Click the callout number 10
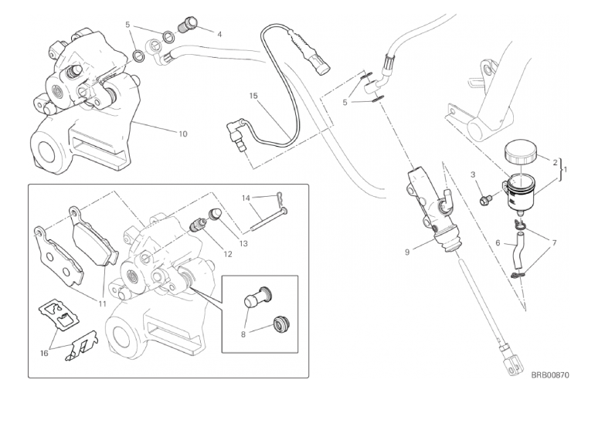click(182, 134)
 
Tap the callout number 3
click(472, 175)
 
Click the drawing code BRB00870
click(550, 375)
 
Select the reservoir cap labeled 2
click(522, 151)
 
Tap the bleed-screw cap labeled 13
click(218, 215)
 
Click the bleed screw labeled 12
click(199, 226)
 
